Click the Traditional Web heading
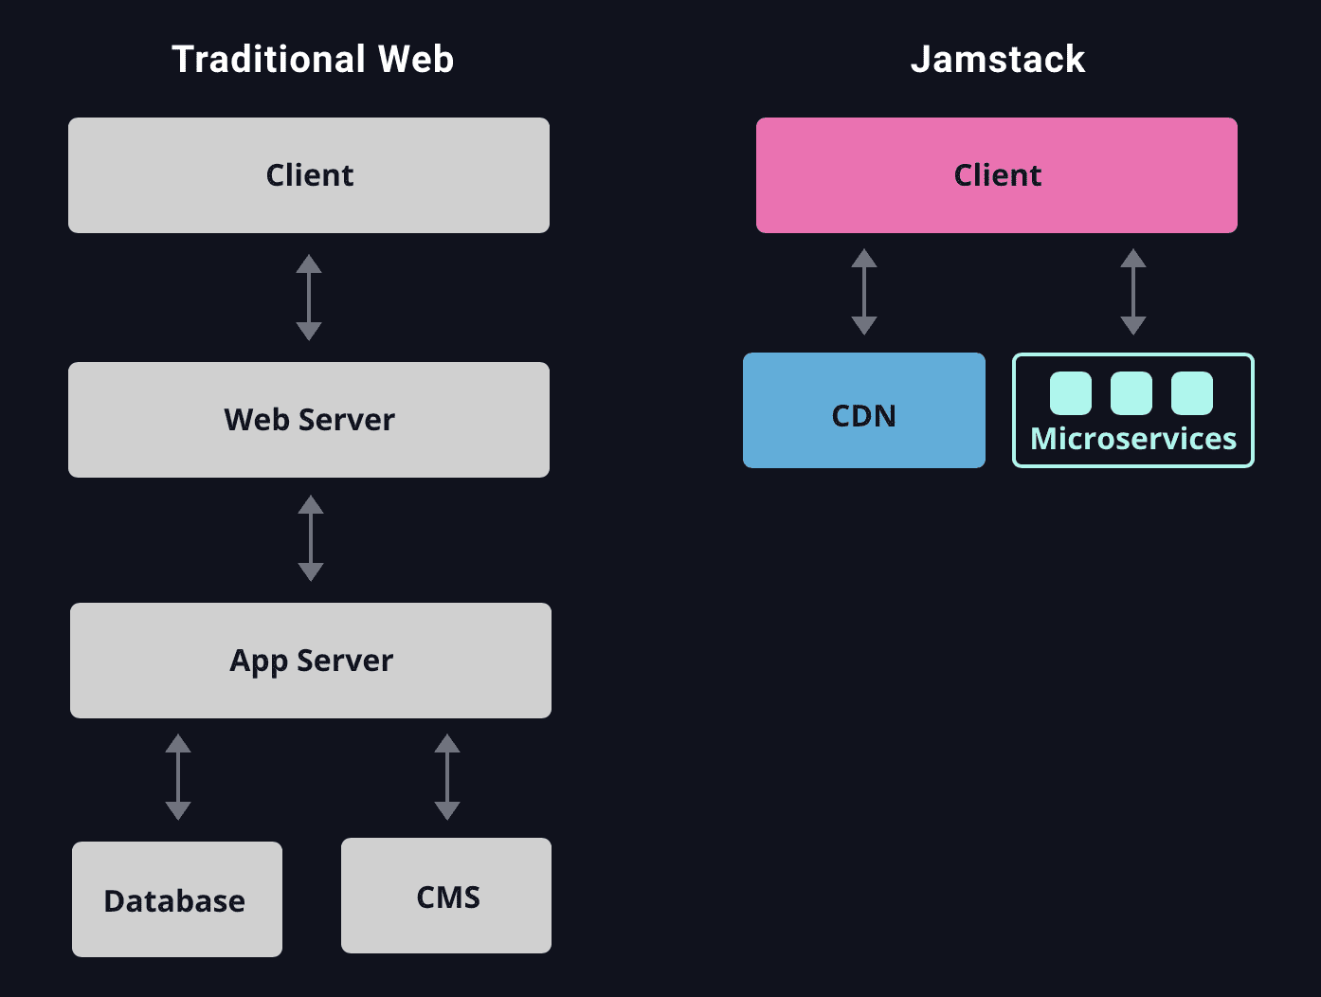coord(313,59)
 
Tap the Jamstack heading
coord(997,59)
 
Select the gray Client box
coord(309,175)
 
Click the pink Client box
coord(997,175)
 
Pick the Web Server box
coord(309,420)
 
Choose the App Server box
coord(311,661)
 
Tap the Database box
coord(177,899)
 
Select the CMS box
coord(446,896)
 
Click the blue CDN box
coord(864,410)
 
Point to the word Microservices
coord(1133,439)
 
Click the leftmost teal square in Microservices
coord(1071,393)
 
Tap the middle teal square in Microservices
coord(1131,393)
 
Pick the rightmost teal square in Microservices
coord(1192,393)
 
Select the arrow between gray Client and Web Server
coord(309,298)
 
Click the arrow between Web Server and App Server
coord(311,538)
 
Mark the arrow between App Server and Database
coord(178,777)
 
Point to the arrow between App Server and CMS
coord(447,777)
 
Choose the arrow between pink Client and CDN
coord(864,292)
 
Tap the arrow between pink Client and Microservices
coord(1133,292)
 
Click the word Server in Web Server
coord(347,420)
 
